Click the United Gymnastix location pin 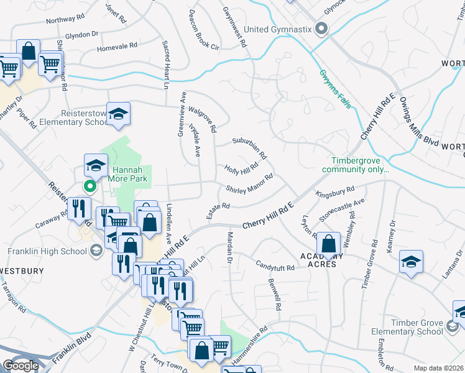[321, 29]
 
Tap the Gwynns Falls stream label [336, 88]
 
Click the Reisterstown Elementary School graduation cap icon [118, 115]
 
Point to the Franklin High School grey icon [96, 251]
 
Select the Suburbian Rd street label [249, 147]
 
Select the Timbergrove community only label [356, 164]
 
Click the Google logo [21, 366]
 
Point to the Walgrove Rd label [203, 118]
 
